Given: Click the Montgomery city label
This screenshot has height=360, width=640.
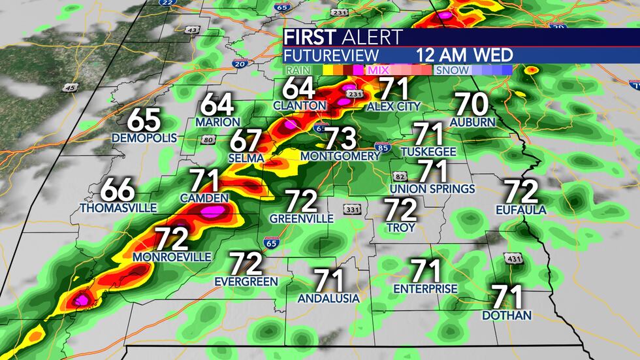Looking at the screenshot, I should (340, 156).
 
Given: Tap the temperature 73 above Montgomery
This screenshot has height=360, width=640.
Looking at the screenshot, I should (340, 138).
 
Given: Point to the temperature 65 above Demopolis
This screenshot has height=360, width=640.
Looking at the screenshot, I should (144, 120).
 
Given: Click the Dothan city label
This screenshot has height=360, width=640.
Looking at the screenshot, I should (506, 316).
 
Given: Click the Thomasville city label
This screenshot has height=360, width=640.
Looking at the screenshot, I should (118, 208).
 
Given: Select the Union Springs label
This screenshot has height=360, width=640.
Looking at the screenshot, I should (432, 189).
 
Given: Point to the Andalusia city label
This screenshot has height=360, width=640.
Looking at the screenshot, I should (328, 298).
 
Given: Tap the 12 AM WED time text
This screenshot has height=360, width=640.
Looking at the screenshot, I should (465, 55).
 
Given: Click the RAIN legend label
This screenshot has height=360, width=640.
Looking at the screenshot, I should (298, 70).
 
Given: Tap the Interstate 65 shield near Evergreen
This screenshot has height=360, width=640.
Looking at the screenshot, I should (270, 243).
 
